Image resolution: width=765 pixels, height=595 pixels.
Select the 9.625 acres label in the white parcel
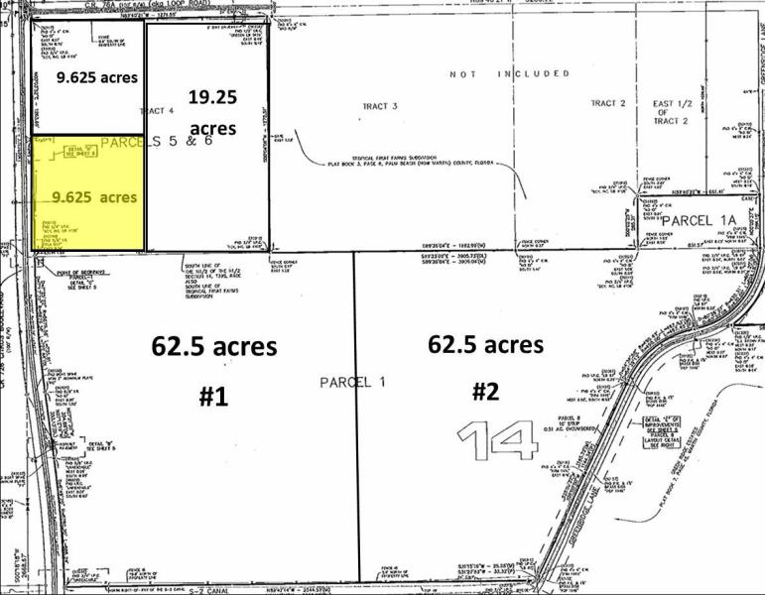tap(96, 76)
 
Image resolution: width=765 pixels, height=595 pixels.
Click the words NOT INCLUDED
tap(509, 73)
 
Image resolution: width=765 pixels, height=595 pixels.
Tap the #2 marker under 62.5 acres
tap(484, 391)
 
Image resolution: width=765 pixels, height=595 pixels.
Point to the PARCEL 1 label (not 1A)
tap(344, 382)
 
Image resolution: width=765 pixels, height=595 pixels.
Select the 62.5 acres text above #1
tap(213, 347)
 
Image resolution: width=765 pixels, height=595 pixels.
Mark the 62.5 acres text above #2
tap(486, 344)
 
